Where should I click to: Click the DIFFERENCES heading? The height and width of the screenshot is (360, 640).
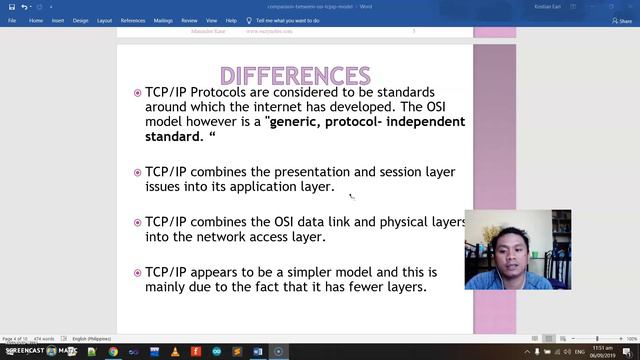[294, 76]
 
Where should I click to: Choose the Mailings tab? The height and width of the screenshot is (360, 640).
[162, 20]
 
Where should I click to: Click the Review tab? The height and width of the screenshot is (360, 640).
[189, 20]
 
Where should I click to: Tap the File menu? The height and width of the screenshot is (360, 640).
[12, 20]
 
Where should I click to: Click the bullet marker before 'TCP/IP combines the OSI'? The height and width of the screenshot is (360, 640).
[137, 223]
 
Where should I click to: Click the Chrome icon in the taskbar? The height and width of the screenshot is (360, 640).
[112, 351]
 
